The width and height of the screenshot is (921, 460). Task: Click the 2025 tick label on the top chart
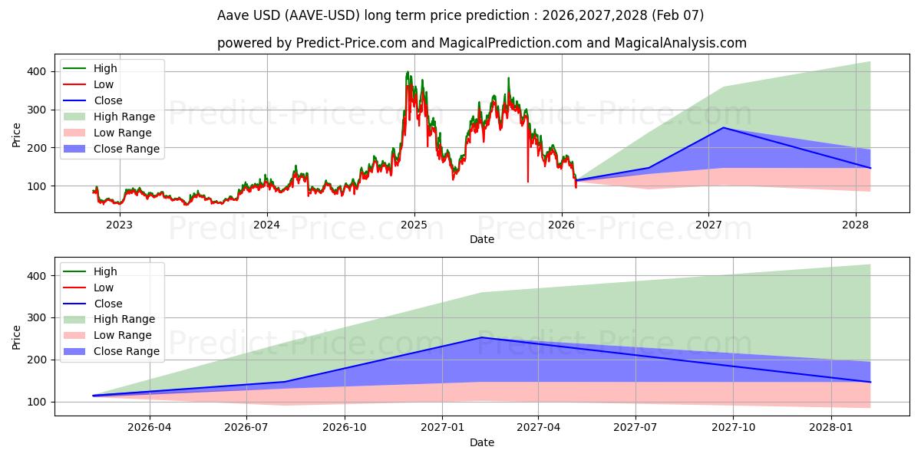click(x=414, y=225)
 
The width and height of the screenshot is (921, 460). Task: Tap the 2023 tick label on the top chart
click(x=119, y=225)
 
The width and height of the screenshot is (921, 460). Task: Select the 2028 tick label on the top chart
click(x=856, y=225)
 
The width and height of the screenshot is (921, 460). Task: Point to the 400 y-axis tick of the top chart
click(x=38, y=71)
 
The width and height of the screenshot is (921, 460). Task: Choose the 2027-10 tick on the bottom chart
click(x=733, y=428)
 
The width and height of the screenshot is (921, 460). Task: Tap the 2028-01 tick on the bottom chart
click(x=831, y=428)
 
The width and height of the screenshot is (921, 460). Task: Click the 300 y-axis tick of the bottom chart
click(x=38, y=317)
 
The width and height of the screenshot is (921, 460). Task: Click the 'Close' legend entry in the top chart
click(x=107, y=100)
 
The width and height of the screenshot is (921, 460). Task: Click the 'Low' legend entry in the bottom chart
click(x=103, y=287)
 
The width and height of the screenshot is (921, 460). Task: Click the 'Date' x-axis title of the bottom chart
click(x=481, y=442)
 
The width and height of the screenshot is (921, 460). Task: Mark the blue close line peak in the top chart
click(x=723, y=127)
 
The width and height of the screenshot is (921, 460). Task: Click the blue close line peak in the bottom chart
click(x=481, y=337)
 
